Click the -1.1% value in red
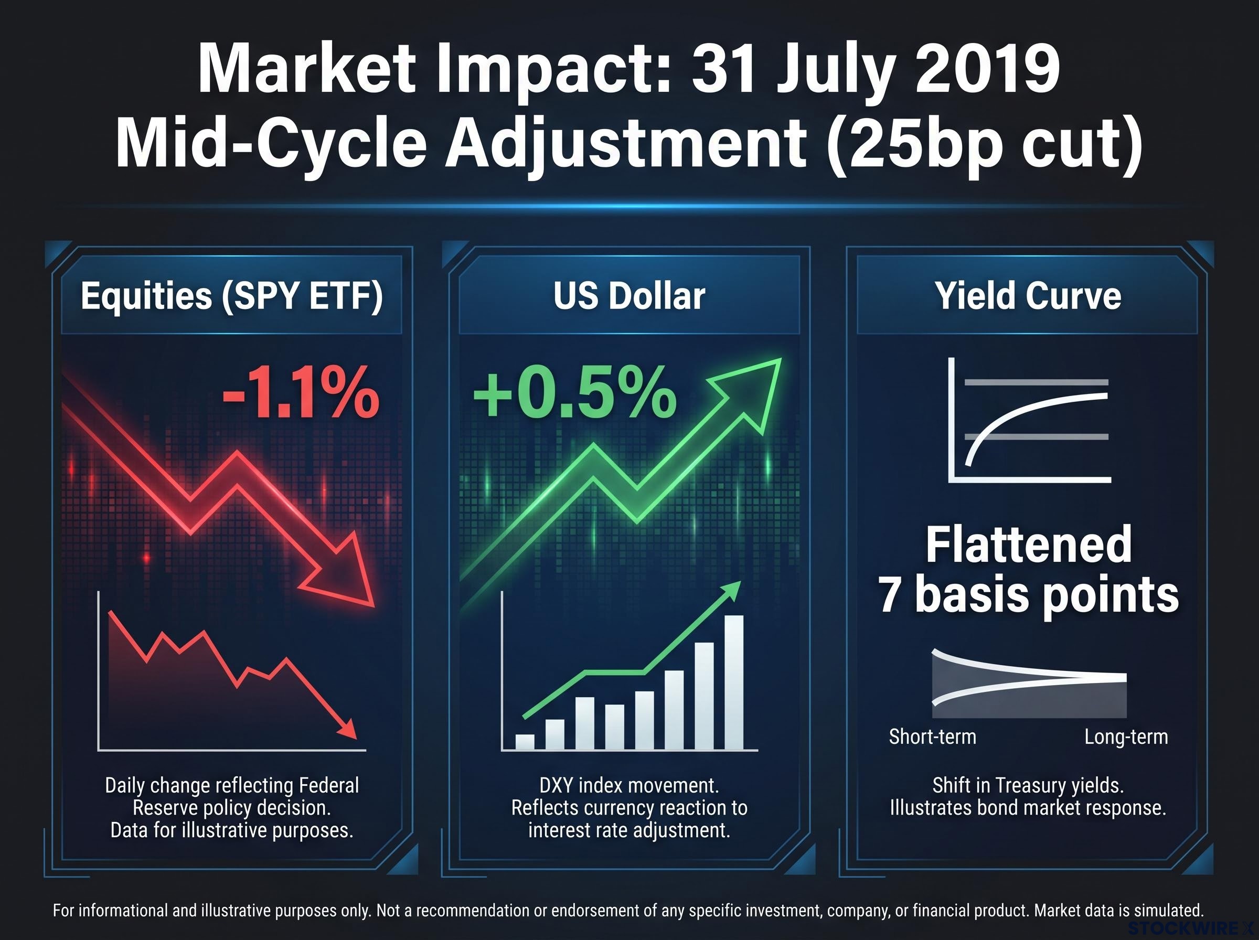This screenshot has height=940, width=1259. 301,392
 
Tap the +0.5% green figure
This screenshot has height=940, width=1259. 574,392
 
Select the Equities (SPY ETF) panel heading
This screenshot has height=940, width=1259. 231,297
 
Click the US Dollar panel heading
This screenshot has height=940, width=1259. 629,296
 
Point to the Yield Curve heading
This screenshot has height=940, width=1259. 1028,296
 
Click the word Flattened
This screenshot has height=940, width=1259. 1029,544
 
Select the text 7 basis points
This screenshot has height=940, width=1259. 1029,595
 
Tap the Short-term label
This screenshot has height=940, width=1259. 932,736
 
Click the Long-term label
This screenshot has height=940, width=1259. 1126,736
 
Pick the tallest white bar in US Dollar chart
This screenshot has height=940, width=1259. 733,682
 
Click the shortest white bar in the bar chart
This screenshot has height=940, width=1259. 525,742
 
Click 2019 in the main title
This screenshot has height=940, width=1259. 988,69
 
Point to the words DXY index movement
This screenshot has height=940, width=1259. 629,786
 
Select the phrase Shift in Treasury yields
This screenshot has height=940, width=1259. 1028,786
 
